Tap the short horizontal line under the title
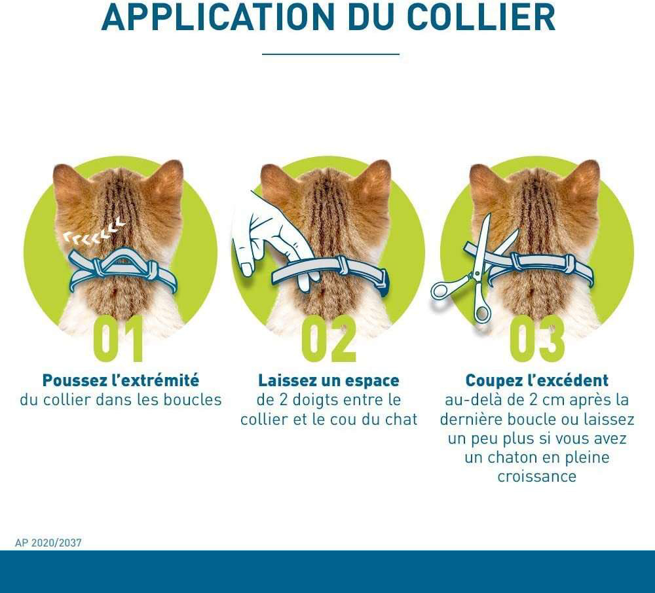click(330, 54)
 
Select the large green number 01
click(119, 340)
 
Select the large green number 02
click(329, 340)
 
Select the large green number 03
click(537, 340)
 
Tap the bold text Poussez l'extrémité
click(121, 380)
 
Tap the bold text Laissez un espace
click(329, 380)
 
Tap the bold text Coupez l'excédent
click(537, 380)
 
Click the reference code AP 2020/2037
click(48, 543)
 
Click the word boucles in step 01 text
click(195, 400)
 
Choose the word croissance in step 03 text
click(537, 476)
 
